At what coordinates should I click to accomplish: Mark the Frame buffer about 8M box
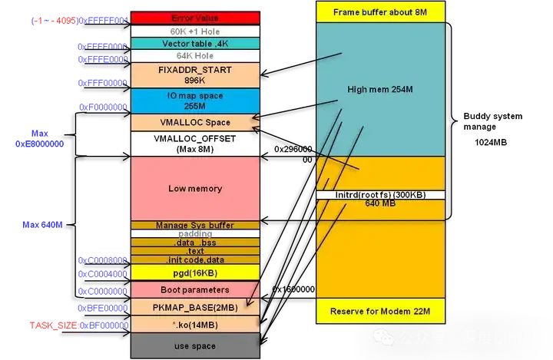(379, 12)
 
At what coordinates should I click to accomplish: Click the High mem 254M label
(379, 89)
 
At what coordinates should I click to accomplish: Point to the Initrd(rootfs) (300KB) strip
(379, 195)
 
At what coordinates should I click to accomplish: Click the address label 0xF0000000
(103, 107)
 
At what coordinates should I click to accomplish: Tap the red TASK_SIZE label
(53, 325)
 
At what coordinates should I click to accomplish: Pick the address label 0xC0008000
(103, 260)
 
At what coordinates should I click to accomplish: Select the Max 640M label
(42, 225)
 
